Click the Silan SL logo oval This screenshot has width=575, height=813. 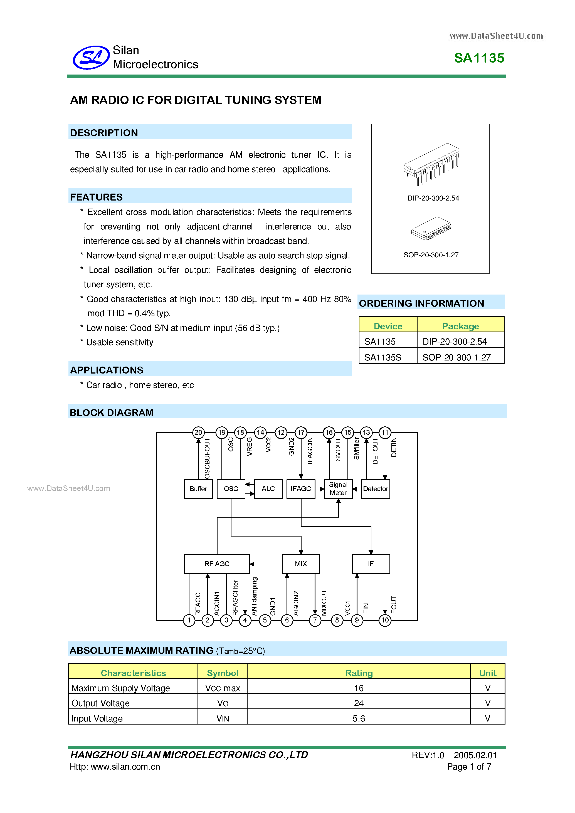91,57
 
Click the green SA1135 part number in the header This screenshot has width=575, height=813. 479,58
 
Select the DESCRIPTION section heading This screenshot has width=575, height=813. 104,133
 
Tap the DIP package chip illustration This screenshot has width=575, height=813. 431,164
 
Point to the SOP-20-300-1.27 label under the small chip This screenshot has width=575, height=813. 431,255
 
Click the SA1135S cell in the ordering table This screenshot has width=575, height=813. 383,357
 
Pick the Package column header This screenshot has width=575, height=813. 460,326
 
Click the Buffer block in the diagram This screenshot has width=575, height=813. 198,489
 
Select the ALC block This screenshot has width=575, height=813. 268,489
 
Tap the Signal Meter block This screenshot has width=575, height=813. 338,489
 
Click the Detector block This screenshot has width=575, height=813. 375,489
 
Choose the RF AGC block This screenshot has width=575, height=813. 217,564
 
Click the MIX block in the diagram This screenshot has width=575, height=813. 301,564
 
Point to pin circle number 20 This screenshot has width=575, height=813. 198,432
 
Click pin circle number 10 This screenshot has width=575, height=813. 385,620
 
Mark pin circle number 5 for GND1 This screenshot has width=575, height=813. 265,620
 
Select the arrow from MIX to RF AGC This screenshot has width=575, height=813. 266,564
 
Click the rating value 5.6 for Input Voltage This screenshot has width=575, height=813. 358,718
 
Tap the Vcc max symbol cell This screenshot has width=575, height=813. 222,688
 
